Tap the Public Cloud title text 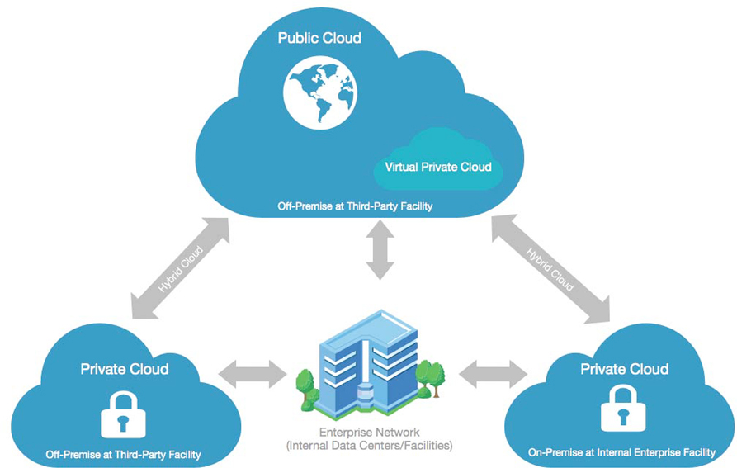click(319, 38)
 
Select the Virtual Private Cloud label click(438, 167)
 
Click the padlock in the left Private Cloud click(123, 414)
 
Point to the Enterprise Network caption click(369, 433)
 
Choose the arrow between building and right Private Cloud click(493, 373)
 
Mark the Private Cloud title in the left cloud click(125, 369)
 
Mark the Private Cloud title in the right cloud click(624, 368)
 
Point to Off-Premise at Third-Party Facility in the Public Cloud click(355, 206)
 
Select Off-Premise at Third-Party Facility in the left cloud click(124, 455)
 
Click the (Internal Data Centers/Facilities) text click(369, 446)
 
